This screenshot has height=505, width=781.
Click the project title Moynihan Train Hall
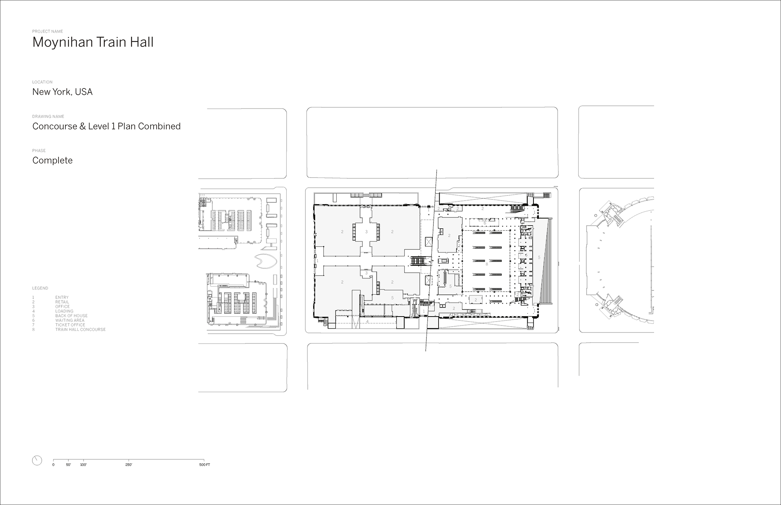93,42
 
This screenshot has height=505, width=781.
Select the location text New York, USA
62,92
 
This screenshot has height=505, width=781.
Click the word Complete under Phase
52,160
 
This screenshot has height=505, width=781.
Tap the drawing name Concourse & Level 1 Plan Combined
106,126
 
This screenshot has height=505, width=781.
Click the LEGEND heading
40,288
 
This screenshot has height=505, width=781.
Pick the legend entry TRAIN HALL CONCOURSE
80,329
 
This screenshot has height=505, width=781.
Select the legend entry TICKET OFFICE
70,325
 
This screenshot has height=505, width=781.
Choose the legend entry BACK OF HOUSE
71,316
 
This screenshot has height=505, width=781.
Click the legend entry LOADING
64,311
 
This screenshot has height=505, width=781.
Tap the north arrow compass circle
37,460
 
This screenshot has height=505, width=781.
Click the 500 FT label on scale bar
204,465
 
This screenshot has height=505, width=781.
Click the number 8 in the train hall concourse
487,264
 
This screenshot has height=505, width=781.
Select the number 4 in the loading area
367,322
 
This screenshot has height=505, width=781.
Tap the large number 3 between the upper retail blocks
366,232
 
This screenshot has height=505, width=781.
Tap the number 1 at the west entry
317,261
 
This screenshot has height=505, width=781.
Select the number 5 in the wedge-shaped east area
539,258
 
